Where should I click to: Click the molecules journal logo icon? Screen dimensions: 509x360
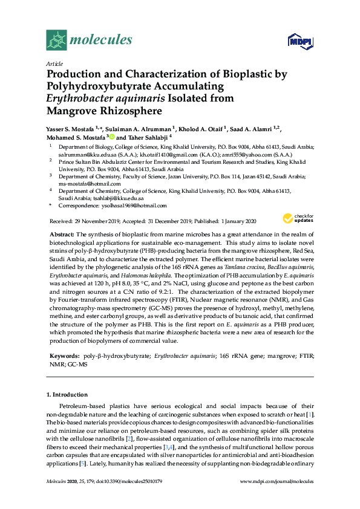pyautogui.click(x=56, y=40)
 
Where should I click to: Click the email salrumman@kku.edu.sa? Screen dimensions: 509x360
pyautogui.click(x=79, y=154)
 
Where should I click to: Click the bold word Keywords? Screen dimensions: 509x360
pyautogui.click(x=62, y=357)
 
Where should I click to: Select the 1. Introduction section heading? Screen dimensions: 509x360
pyautogui.click(x=67, y=394)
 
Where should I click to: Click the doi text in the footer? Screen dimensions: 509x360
pyautogui.click(x=126, y=498)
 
